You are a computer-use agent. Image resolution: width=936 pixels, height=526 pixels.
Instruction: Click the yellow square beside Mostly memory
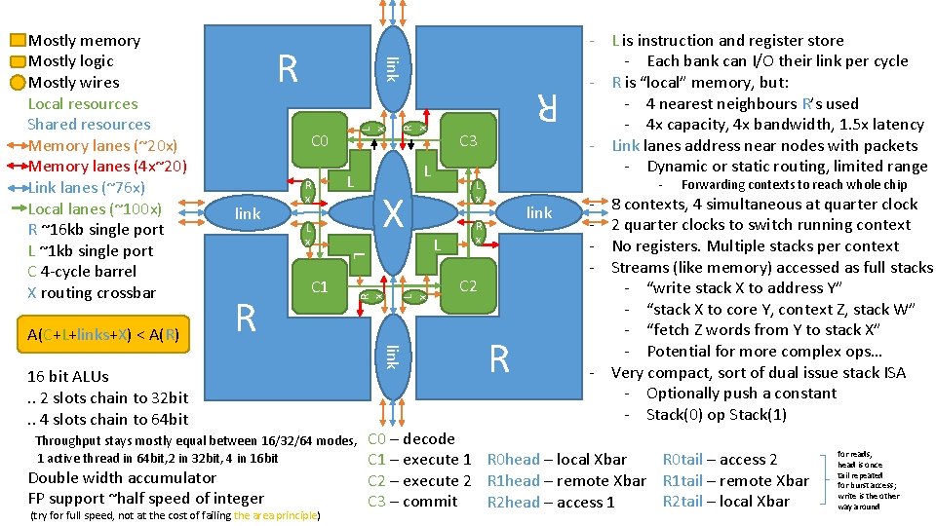18,41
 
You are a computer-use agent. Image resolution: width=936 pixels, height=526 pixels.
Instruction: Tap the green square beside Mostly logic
18,61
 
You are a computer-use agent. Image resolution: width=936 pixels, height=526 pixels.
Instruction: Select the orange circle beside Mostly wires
18,82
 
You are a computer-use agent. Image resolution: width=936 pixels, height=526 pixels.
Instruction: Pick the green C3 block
468,142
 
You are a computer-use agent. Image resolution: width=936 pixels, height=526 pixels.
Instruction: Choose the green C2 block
468,286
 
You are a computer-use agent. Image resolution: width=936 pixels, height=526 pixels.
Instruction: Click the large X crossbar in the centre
394,213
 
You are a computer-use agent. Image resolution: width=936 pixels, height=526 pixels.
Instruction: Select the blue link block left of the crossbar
248,213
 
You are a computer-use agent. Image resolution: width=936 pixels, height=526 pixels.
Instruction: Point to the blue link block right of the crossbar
539,213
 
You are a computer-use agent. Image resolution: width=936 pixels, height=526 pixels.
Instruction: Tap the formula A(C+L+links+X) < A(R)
102,335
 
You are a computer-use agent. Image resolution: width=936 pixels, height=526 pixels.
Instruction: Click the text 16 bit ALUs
68,376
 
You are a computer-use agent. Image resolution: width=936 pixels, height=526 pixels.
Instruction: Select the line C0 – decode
411,439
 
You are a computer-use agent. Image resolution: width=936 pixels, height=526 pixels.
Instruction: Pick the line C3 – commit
412,502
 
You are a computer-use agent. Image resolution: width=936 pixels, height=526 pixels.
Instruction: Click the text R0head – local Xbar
557,460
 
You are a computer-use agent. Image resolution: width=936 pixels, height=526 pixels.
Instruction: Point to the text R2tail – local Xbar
725,502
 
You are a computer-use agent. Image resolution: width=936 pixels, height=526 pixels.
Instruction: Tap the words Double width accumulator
122,478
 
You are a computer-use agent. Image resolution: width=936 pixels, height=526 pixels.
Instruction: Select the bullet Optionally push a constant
741,394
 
